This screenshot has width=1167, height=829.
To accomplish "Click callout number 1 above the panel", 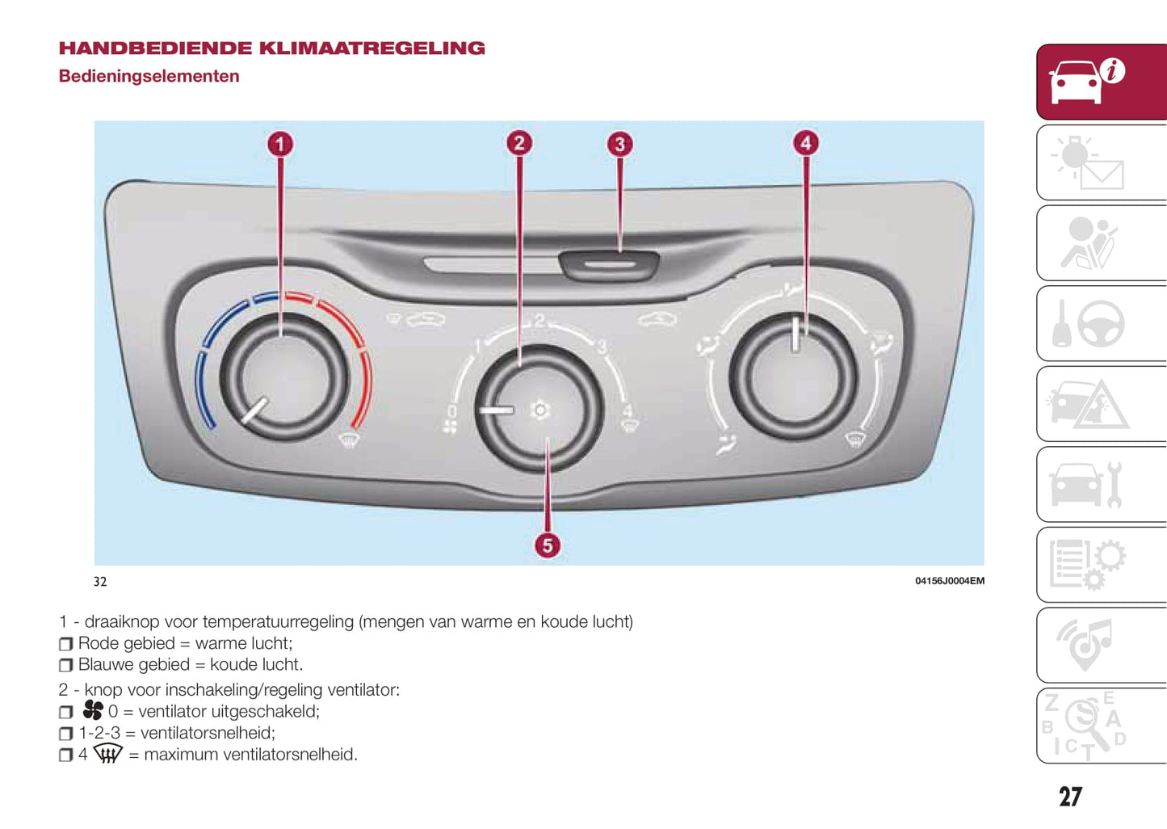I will (279, 145).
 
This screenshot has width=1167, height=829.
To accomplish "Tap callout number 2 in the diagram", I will (518, 144).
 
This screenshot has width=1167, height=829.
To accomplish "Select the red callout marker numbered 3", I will (619, 145).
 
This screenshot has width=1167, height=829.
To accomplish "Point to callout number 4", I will (805, 144).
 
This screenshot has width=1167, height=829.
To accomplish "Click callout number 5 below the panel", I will (548, 545).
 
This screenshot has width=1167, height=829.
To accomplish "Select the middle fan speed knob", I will (539, 409).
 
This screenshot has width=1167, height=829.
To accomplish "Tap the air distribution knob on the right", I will (792, 377).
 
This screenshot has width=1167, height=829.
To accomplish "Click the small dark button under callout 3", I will (610, 264).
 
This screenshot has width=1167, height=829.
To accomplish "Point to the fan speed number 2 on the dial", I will (539, 321).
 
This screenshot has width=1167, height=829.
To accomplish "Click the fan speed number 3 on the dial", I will (602, 347).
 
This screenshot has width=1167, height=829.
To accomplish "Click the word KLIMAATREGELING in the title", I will (372, 48).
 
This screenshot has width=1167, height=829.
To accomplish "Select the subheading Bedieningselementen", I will (149, 77).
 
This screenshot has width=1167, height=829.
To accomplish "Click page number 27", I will (1070, 797).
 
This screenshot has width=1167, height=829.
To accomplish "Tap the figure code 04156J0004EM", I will (949, 581).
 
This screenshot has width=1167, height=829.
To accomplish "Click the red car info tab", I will (1101, 82).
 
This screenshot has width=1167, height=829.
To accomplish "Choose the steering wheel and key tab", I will (1101, 323).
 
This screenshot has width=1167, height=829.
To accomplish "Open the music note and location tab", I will (1101, 645).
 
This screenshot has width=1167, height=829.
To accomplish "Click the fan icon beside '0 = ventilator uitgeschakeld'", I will (93, 710).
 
